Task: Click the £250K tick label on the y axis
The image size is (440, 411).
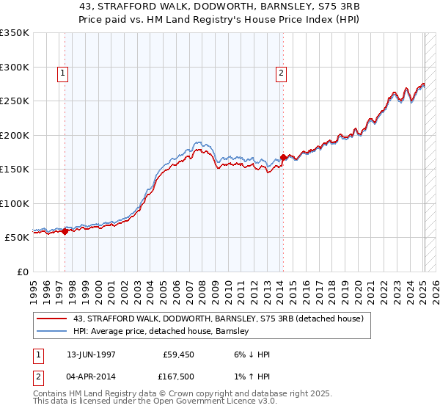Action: click(x=15, y=101)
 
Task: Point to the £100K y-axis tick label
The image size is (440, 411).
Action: click(x=15, y=203)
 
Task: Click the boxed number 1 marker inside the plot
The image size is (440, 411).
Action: click(x=64, y=73)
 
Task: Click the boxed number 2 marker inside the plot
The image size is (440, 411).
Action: click(x=282, y=73)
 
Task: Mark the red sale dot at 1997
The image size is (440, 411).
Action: click(x=65, y=231)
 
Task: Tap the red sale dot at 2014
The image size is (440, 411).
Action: click(x=283, y=157)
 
